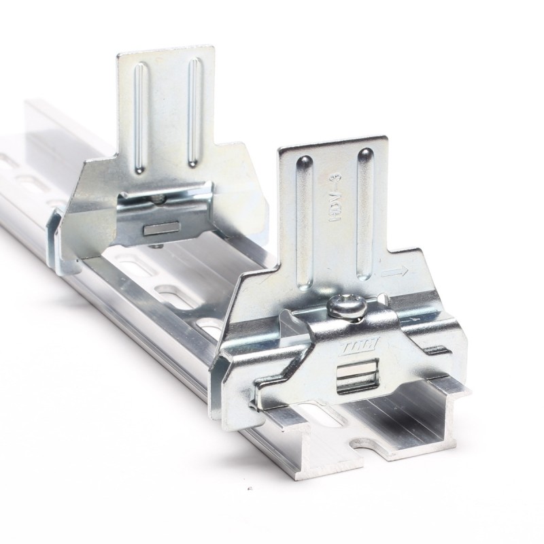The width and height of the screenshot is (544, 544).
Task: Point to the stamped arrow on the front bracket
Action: [394, 272]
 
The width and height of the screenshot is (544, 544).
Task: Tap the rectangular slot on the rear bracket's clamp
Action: [162, 226]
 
